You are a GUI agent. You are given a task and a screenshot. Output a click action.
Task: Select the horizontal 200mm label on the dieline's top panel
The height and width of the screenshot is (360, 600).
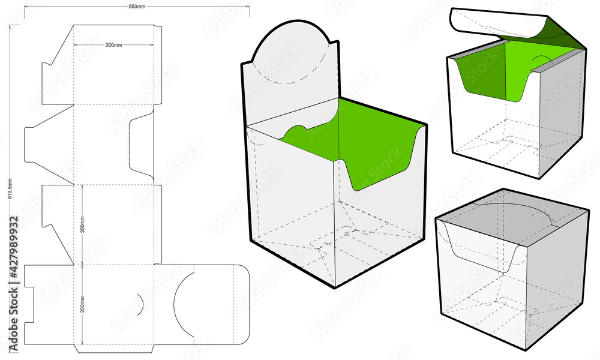tap(113, 45)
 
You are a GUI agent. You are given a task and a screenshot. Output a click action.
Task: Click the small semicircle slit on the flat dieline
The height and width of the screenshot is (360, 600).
tap(140, 305)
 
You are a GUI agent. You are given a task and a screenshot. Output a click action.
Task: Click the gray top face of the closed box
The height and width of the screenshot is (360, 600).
tap(510, 210)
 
